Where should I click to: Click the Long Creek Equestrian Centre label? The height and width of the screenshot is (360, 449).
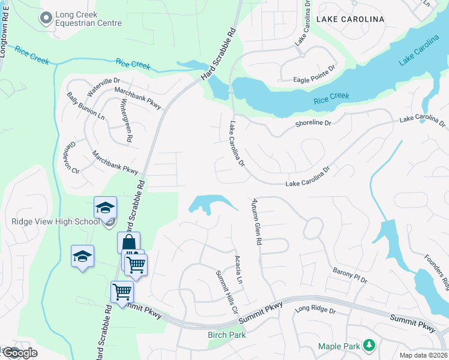pos(88,19)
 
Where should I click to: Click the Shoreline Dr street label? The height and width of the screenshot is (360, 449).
pos(313,123)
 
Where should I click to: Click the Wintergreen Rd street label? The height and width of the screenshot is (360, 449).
pos(127,119)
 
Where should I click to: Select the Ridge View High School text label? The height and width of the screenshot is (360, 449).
pos(55,221)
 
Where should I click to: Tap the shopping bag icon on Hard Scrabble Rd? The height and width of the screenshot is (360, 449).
pos(128,242)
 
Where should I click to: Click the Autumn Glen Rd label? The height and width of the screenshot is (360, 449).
pos(257,221)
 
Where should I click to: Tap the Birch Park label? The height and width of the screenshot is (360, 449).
pos(226,335)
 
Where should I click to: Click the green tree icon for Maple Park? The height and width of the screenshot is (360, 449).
pos(370,345)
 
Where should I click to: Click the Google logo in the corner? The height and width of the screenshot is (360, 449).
pos(19,353)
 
